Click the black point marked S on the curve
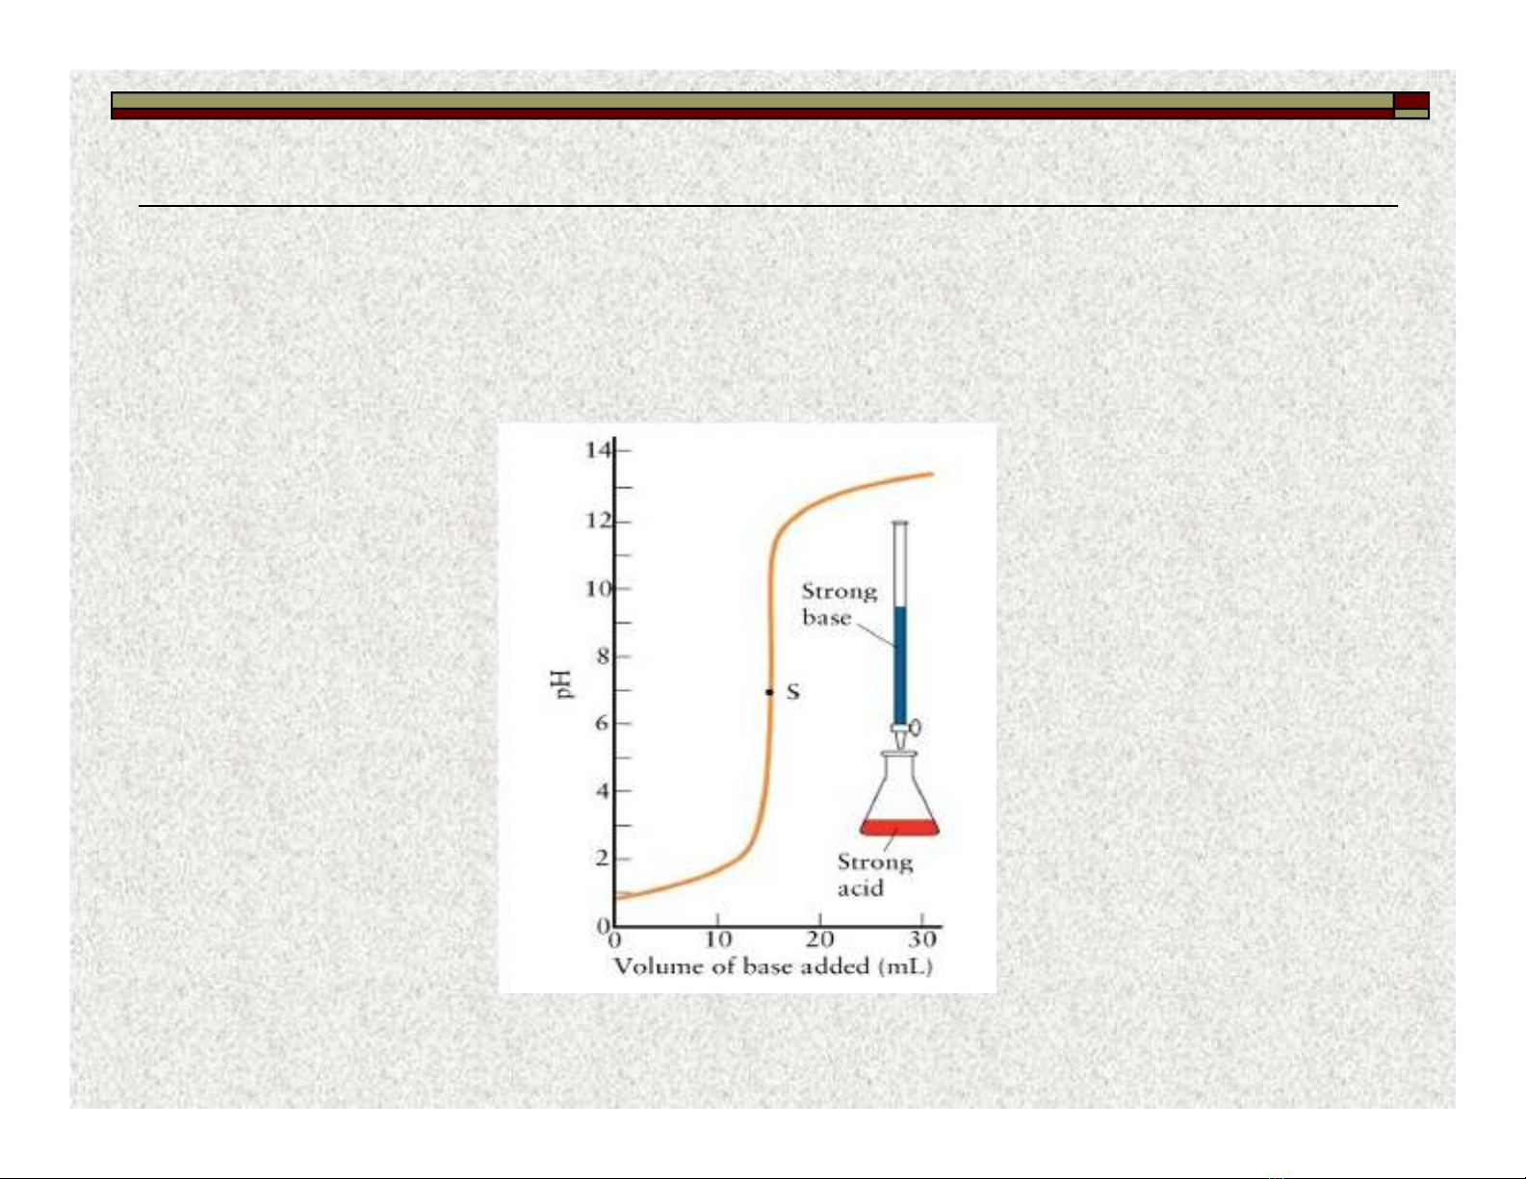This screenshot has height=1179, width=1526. (x=769, y=692)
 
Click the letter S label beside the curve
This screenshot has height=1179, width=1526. (x=792, y=692)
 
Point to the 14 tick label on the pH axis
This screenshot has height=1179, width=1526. (x=598, y=449)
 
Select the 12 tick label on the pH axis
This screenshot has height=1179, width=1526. (x=598, y=522)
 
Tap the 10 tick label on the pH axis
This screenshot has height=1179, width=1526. (x=598, y=588)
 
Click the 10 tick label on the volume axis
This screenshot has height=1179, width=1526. (x=717, y=939)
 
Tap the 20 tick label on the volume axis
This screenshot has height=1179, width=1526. (x=819, y=939)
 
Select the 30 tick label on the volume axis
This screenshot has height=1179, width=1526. (x=922, y=939)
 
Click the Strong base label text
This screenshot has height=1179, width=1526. (x=840, y=604)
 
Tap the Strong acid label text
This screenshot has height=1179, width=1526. (x=875, y=875)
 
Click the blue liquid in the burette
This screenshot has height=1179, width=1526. (x=900, y=665)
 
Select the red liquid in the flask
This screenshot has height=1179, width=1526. (x=899, y=828)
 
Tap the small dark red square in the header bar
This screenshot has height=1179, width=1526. (x=1411, y=100)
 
